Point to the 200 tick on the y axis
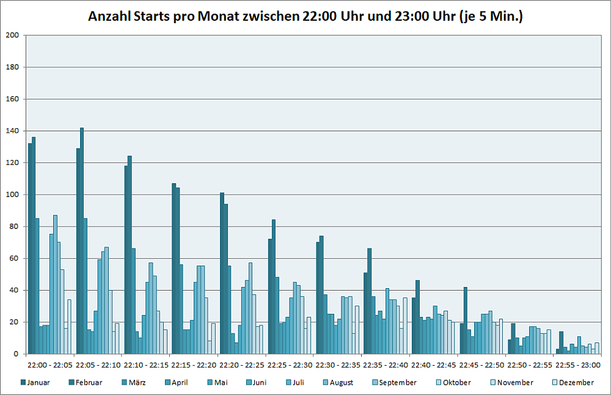click(12, 35)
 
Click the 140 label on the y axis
click(12, 131)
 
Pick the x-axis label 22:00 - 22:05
click(51, 365)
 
